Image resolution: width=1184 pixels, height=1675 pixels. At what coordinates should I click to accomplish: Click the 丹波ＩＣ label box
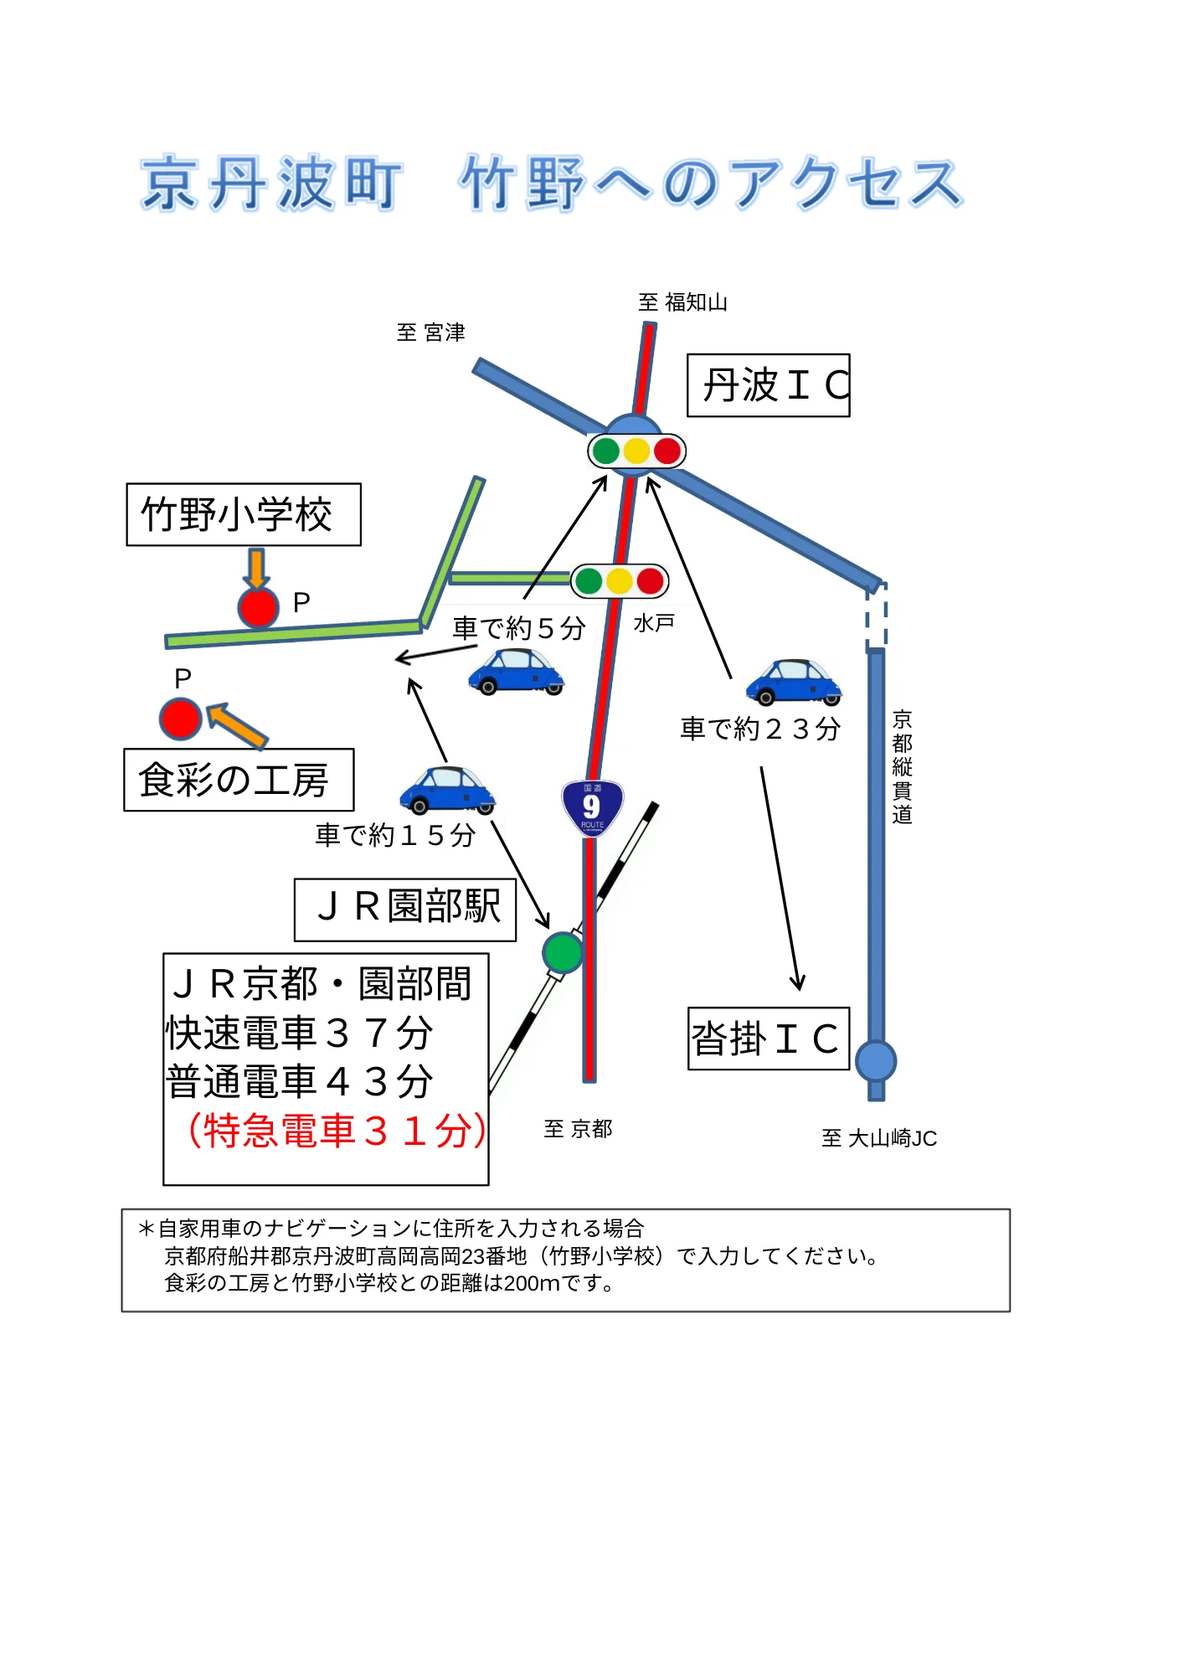coord(768,385)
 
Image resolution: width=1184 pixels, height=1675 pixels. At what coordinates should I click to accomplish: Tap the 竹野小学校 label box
coord(244,514)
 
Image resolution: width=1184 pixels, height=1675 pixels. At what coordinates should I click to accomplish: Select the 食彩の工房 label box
coord(239,780)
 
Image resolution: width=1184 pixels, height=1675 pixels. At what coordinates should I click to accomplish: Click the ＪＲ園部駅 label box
coord(405,910)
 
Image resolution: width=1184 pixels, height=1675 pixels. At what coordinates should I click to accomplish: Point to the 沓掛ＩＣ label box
coord(769,1038)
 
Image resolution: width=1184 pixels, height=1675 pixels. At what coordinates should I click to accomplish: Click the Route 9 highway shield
coord(592,807)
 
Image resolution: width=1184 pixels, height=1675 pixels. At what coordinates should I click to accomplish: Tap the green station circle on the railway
coord(563,952)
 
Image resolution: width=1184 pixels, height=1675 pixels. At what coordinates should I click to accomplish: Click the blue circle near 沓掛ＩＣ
coord(876,1061)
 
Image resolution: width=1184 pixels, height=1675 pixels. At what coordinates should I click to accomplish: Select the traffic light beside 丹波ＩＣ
coord(636,451)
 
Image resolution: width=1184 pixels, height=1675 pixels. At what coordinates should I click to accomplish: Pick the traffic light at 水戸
coord(620,580)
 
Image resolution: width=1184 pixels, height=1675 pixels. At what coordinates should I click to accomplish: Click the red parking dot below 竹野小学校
coord(258,607)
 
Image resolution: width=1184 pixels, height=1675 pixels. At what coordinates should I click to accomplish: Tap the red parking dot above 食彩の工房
coord(181,719)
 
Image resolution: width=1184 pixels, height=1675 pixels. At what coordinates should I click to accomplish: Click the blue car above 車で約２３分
coord(794,682)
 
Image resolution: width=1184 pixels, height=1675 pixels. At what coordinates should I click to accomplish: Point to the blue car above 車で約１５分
coord(448,790)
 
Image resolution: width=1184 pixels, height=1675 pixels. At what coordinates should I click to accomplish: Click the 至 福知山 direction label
coord(683,302)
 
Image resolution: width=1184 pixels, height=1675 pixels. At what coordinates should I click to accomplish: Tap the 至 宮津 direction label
coord(431,332)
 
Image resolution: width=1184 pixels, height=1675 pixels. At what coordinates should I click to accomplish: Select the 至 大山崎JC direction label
coord(879,1138)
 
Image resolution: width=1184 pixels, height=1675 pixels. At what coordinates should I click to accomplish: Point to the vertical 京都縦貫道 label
coord(902,767)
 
